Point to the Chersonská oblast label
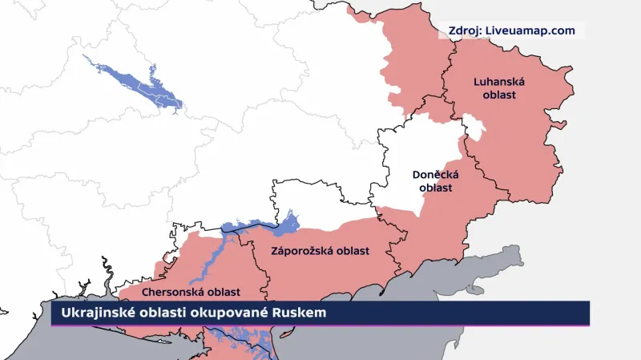(192, 293)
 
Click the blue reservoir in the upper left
(136, 80)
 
